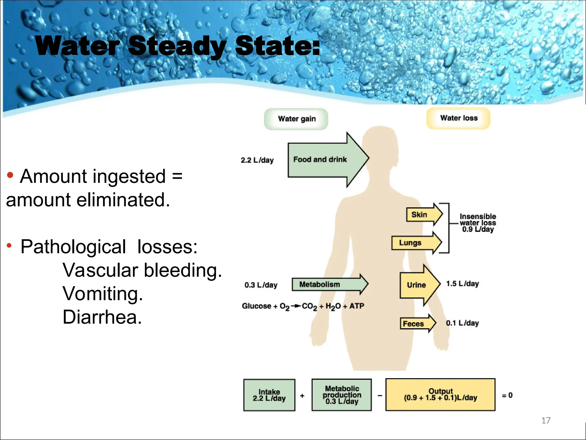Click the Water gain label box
(x=296, y=119)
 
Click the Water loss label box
(x=458, y=118)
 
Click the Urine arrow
(x=418, y=285)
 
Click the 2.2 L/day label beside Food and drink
(x=257, y=160)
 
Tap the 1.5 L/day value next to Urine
(x=462, y=284)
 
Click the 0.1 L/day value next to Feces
(x=462, y=323)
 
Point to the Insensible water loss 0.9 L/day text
(x=478, y=223)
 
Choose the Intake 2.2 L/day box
(x=269, y=395)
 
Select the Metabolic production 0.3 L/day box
(x=342, y=395)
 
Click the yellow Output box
(x=440, y=395)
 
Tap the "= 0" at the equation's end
(x=507, y=395)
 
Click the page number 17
(x=546, y=420)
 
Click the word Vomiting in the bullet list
(x=102, y=294)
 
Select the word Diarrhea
(x=102, y=317)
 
